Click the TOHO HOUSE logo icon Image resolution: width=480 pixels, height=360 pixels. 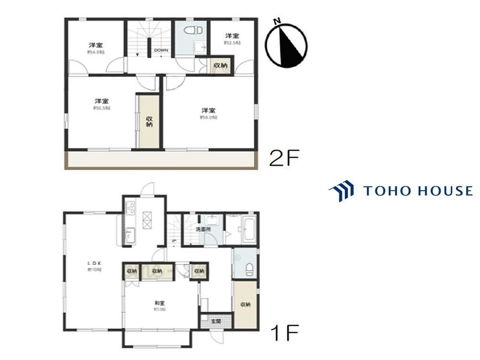click(341, 191)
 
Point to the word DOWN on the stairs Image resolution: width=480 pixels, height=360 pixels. click(160, 50)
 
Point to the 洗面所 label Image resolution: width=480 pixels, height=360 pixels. click(203, 230)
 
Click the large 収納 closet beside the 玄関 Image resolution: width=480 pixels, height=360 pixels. click(245, 304)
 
